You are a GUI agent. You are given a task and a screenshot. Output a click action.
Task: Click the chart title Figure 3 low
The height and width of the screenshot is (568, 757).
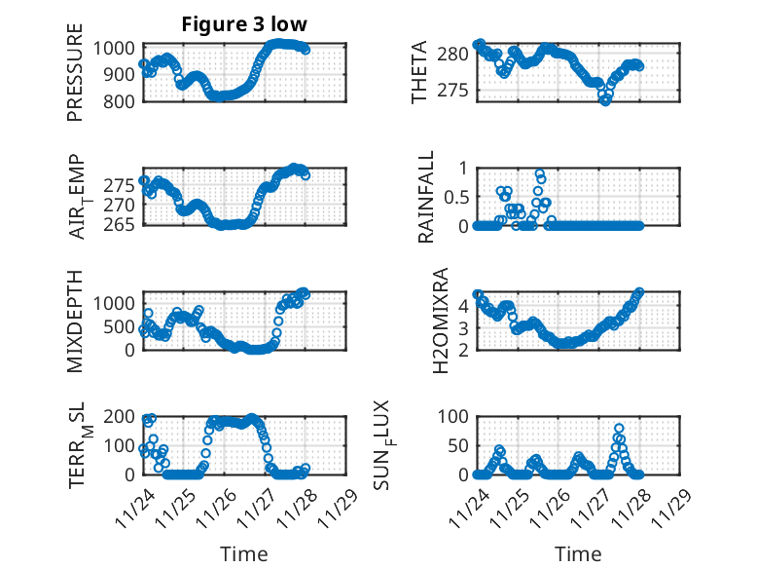point(242,24)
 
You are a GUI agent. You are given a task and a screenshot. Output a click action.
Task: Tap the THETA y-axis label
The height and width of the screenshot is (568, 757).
point(418,73)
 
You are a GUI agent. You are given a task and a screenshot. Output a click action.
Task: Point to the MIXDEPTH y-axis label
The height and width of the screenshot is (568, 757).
point(75,320)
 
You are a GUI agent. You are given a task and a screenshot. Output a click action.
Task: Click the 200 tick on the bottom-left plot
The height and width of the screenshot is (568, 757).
point(126,416)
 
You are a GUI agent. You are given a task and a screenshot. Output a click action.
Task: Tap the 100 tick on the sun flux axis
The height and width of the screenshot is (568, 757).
point(456,416)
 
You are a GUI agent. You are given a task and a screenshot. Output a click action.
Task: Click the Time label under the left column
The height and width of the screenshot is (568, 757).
point(243,553)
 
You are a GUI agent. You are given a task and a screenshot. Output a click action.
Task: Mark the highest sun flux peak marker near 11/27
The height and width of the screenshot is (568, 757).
point(619,429)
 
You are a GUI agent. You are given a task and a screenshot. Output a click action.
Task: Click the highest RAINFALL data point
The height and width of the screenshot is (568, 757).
point(539,174)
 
